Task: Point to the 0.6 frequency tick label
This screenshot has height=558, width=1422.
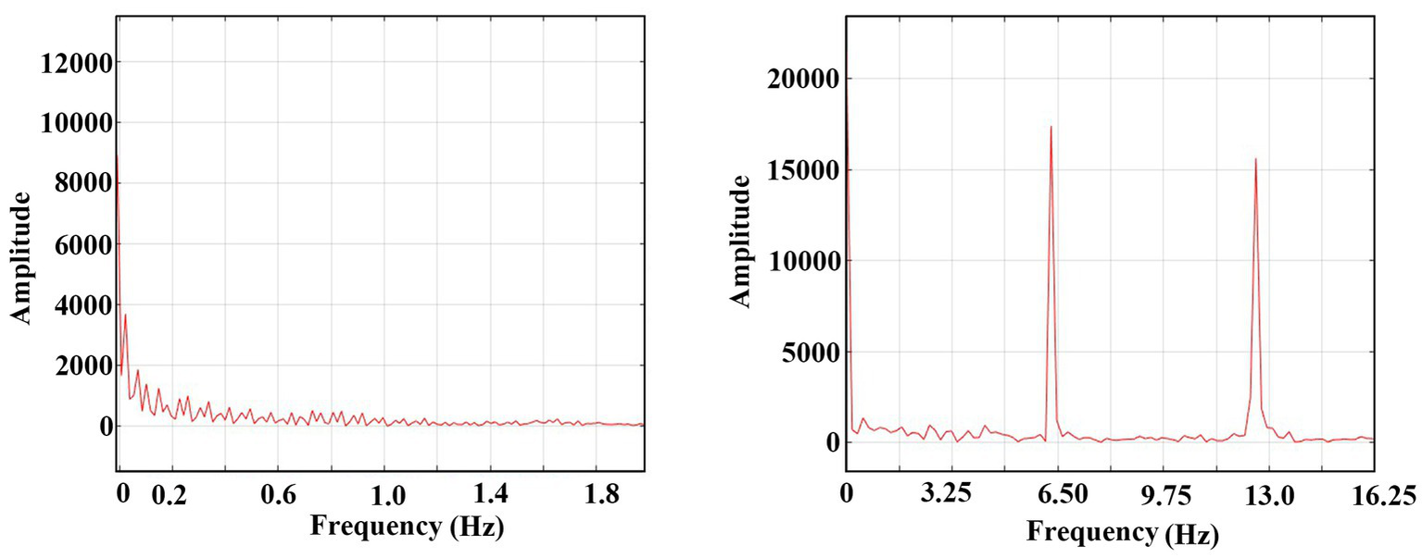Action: click(x=278, y=496)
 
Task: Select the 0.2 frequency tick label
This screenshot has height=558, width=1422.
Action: click(x=170, y=496)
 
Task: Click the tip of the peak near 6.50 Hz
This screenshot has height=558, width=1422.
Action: click(x=1051, y=127)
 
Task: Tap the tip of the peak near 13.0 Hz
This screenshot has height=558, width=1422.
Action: click(x=1255, y=159)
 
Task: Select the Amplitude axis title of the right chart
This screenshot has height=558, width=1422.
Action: click(x=740, y=240)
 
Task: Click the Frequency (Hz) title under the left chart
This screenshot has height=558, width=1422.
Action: click(x=408, y=527)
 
